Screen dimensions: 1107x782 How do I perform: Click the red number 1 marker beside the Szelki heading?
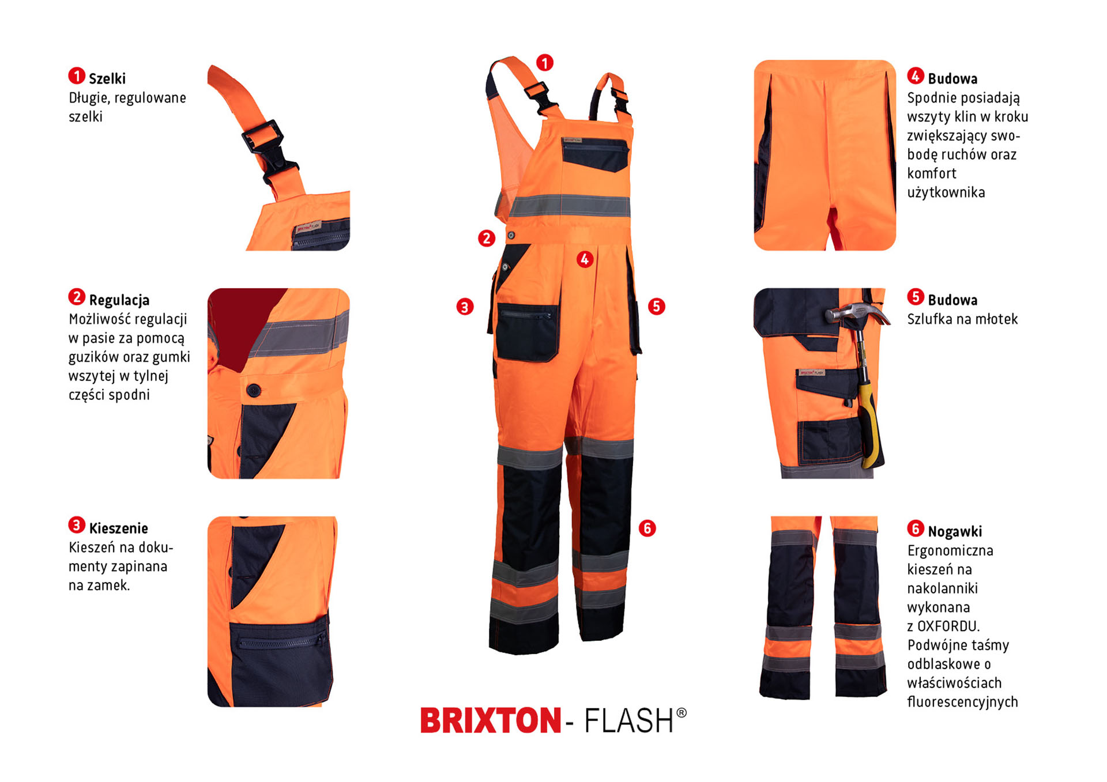coord(77,75)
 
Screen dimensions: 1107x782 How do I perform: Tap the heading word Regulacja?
coord(119,300)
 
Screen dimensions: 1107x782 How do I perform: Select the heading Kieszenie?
coord(118,528)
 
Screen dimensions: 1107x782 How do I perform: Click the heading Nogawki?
coord(955,531)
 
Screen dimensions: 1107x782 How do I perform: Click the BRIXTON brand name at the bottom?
coord(491,720)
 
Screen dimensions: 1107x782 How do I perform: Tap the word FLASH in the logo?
coord(629,720)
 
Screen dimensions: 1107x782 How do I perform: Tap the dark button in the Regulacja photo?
coord(253,390)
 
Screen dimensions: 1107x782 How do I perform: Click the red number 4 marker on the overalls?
coord(585,259)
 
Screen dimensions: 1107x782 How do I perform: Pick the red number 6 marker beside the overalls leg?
coord(647,528)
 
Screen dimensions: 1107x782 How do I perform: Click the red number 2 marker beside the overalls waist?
coord(487,238)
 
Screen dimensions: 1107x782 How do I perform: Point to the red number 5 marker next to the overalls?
coord(656,306)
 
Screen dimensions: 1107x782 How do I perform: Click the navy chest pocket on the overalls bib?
coord(595,154)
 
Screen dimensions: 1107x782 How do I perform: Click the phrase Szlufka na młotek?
coord(962,319)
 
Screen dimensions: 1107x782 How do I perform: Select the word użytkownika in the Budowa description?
coord(946,192)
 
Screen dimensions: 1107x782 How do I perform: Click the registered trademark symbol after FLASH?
coord(681,713)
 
